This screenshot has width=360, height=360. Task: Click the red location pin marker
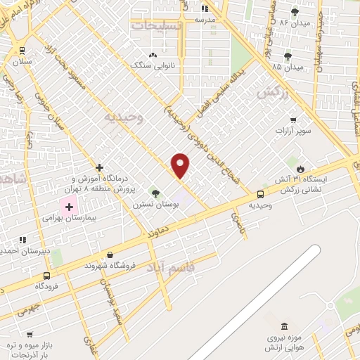(181, 165)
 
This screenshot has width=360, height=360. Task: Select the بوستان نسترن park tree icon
(155, 193)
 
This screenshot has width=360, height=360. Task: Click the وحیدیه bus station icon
(261, 194)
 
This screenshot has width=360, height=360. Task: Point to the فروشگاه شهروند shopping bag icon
(110, 255)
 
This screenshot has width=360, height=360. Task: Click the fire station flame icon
(301, 169)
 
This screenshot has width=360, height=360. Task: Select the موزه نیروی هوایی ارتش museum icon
(284, 327)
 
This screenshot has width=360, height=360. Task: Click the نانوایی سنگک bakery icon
(153, 54)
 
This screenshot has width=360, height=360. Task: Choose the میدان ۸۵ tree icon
(288, 56)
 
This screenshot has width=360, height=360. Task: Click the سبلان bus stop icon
(23, 50)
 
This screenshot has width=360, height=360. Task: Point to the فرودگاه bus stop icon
(46, 276)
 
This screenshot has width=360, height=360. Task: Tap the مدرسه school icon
(205, 8)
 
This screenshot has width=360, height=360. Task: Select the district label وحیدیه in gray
(124, 117)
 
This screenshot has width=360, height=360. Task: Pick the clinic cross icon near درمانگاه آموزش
(100, 168)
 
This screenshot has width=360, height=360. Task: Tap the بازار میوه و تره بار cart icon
(30, 335)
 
